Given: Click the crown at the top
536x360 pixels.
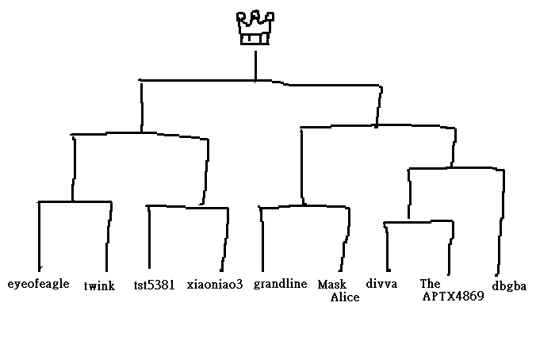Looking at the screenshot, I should (255, 29).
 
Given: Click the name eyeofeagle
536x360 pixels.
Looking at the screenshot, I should (38, 283).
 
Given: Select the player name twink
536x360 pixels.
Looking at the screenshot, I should (99, 286).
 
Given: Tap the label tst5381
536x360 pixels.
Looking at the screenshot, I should (154, 284).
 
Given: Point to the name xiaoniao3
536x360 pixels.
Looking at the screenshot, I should (214, 283).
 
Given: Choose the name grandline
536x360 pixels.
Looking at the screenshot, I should (280, 284).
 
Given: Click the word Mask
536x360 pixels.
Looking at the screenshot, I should (331, 284).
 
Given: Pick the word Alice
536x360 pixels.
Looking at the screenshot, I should (345, 297).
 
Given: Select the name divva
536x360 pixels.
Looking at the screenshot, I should (381, 283).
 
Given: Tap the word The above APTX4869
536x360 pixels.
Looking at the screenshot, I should (430, 283).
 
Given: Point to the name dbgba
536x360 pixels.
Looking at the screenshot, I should (509, 286).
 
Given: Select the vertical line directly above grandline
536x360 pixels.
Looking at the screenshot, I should (262, 238).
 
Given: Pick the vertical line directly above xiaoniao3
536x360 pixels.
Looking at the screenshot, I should (225, 238).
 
